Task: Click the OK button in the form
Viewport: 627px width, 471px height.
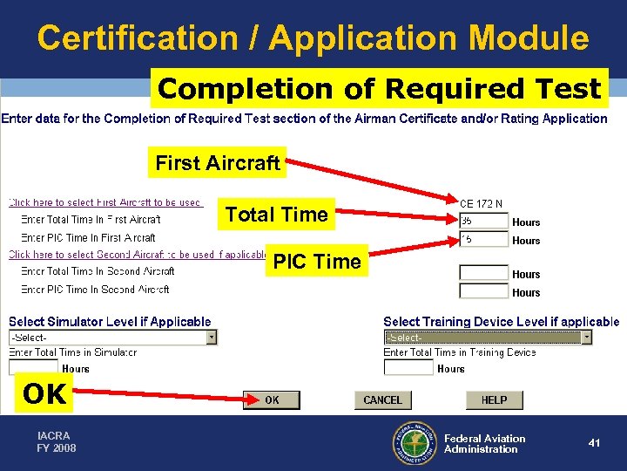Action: pyautogui.click(x=272, y=399)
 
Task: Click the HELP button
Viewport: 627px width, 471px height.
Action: pyautogui.click(x=494, y=399)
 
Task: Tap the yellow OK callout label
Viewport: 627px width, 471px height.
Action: pyautogui.click(x=44, y=394)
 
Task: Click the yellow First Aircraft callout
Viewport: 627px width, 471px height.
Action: pyautogui.click(x=218, y=163)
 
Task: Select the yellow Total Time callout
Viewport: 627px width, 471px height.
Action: pyautogui.click(x=276, y=215)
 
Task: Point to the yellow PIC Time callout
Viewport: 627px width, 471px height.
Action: pyautogui.click(x=316, y=262)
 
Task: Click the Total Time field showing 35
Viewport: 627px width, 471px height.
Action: pyautogui.click(x=483, y=222)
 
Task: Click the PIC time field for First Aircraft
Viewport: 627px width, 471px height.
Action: pyautogui.click(x=483, y=239)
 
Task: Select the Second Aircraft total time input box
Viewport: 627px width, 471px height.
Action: pyautogui.click(x=483, y=273)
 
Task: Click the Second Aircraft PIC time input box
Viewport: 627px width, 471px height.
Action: pyautogui.click(x=483, y=291)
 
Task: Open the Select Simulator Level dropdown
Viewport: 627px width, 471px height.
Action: pyautogui.click(x=112, y=338)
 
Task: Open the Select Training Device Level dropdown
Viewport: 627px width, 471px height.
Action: pyautogui.click(x=488, y=338)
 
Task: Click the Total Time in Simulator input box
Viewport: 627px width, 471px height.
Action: pyautogui.click(x=33, y=368)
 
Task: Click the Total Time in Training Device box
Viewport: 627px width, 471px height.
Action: pyautogui.click(x=408, y=368)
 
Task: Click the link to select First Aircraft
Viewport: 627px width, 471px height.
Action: pyautogui.click(x=104, y=202)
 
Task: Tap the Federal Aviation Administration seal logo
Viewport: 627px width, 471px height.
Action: pyautogui.click(x=414, y=443)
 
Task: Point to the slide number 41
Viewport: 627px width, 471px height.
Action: pyautogui.click(x=594, y=443)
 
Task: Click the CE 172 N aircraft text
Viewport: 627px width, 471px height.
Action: pyautogui.click(x=481, y=204)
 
